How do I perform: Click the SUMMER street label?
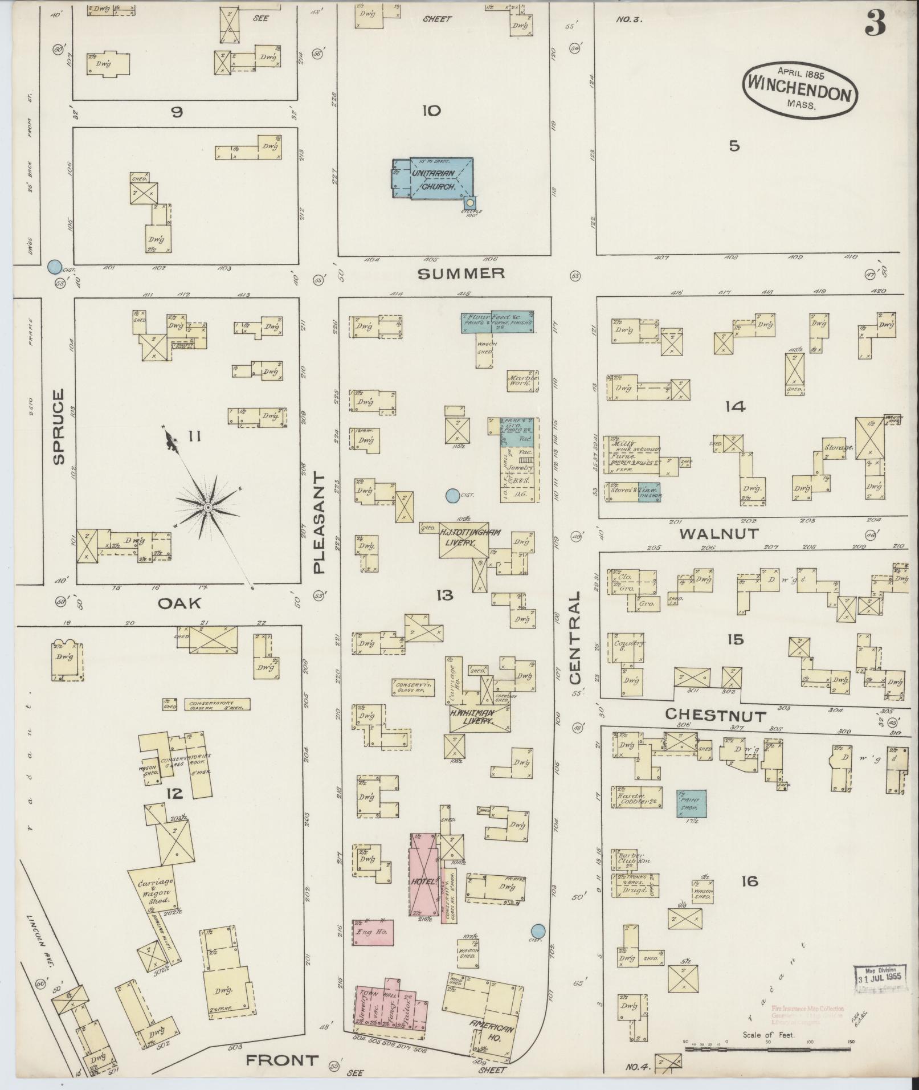pos(461,274)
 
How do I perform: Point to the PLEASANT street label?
pos(319,523)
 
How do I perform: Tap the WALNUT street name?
pos(720,534)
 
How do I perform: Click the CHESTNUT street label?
pos(716,715)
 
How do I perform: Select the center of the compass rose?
pos(208,507)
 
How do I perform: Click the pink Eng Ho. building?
pos(371,932)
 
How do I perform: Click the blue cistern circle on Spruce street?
pos(54,266)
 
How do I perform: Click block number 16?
pos(750,882)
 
